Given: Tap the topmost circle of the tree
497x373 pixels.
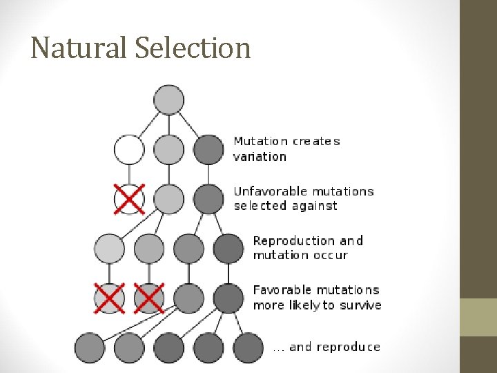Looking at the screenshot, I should (x=169, y=99).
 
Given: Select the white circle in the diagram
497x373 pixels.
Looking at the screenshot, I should (x=129, y=149).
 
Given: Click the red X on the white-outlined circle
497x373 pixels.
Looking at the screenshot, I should (x=129, y=199).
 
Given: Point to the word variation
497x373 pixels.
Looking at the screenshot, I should (x=260, y=157).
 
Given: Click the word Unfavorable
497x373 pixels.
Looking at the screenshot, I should (x=269, y=191).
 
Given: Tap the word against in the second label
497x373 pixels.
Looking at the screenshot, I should (x=314, y=206).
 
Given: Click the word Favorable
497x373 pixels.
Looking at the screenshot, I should (x=281, y=290).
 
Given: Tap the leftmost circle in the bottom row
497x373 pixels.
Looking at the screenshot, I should (x=89, y=347).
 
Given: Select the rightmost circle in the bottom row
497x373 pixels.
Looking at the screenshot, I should (x=248, y=347).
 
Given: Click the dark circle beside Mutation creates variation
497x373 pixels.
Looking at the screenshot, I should (x=209, y=149).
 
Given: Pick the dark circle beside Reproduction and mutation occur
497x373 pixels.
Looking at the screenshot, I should (x=228, y=249).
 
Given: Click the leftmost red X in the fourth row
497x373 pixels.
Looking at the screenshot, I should (x=109, y=298).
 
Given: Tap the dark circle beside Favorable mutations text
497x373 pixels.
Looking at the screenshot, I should (x=228, y=298).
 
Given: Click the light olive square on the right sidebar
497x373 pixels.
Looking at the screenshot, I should (x=478, y=317).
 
